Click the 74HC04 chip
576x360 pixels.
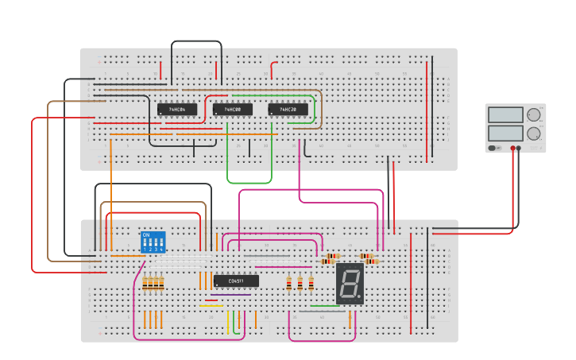177,110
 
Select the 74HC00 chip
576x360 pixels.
233,110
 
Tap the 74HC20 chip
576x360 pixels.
288,110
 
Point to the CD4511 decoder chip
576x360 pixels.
236,281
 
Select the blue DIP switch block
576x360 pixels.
153,242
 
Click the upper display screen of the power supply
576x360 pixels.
505,115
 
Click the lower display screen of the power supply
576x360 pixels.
505,133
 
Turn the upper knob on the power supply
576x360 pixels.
533,114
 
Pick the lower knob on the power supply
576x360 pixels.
533,134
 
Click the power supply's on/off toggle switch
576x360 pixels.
493,147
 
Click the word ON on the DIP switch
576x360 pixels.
145,235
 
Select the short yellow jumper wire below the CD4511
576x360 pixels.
211,305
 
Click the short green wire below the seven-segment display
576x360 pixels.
324,305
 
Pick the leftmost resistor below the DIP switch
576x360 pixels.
145,284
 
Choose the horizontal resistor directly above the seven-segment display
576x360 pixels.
329,259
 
